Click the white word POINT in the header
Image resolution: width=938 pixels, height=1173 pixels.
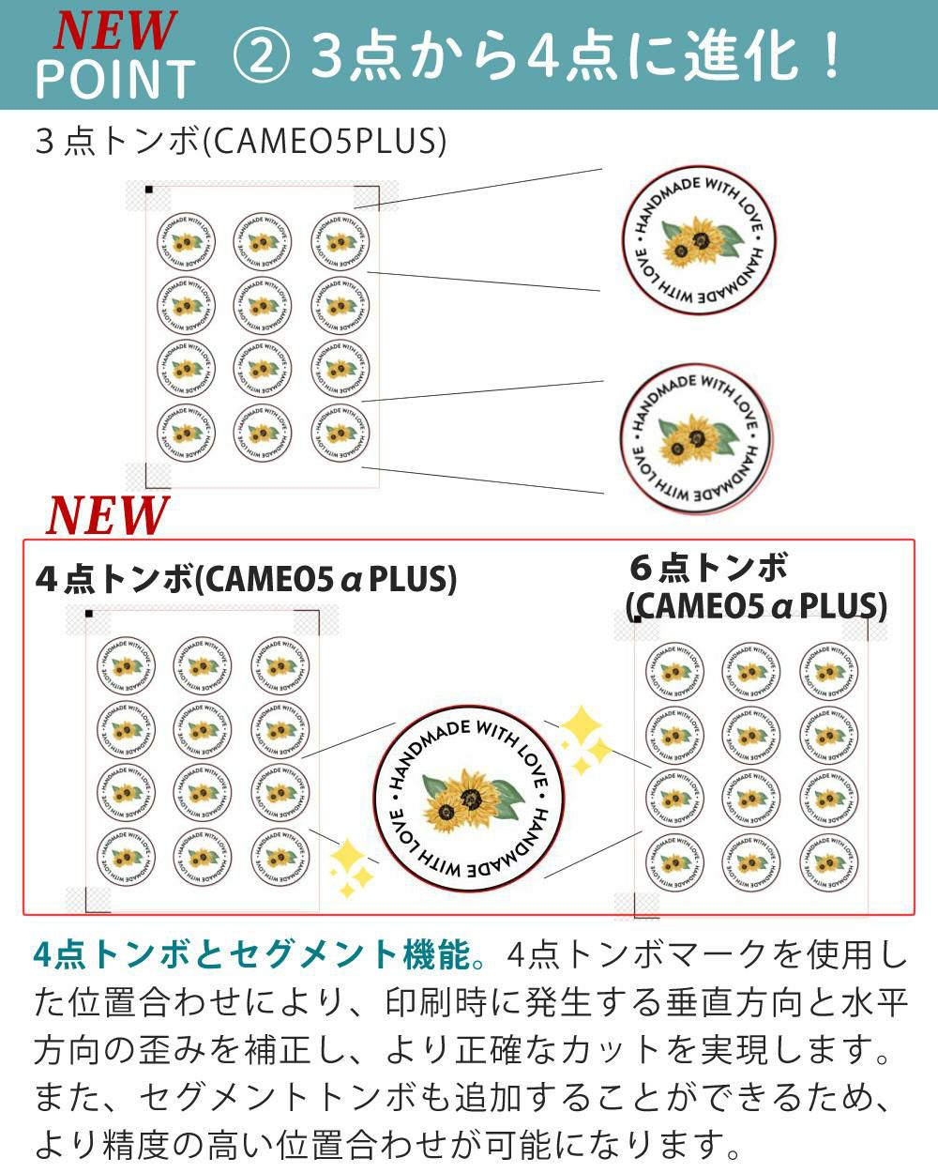tap(114, 79)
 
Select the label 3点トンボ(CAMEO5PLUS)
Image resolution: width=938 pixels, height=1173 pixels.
tap(239, 142)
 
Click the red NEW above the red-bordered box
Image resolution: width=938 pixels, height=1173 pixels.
tap(107, 514)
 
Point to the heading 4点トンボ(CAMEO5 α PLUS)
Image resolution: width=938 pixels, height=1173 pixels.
tap(246, 578)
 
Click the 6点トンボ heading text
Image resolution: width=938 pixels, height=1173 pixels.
tap(709, 567)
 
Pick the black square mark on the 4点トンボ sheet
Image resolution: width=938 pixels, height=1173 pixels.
tap(89, 614)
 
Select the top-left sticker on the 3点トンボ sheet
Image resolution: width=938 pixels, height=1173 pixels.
tap(185, 241)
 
